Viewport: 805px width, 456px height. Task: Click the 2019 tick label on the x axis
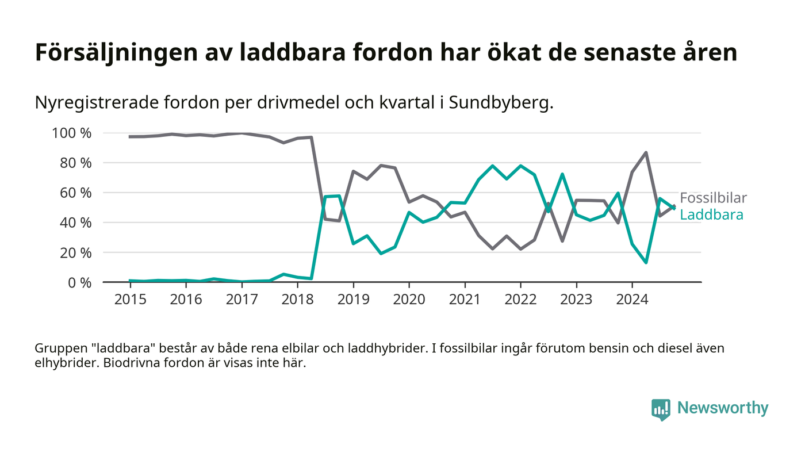coord(353,300)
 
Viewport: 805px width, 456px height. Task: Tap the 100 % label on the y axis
coord(72,133)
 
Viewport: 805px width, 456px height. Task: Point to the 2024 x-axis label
coord(632,300)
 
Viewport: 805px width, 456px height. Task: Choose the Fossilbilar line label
coord(713,198)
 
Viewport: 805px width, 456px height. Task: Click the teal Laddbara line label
coord(711,215)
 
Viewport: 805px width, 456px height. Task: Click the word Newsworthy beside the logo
coord(722,408)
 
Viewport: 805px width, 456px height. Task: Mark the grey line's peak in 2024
coord(646,153)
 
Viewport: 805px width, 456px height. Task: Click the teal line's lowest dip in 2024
coord(646,262)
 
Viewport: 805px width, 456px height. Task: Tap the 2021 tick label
coord(465,300)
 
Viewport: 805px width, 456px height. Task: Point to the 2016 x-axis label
coord(186,300)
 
